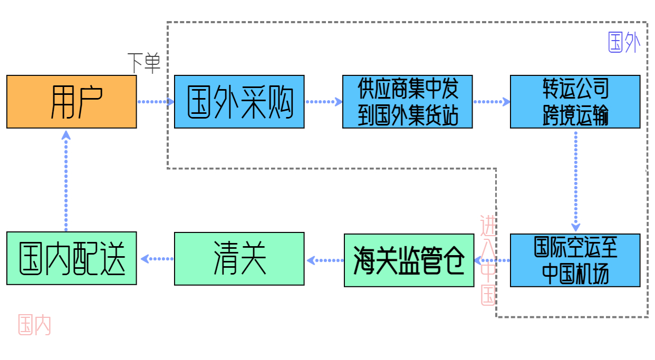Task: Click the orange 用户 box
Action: point(72,102)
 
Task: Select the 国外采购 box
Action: point(239,102)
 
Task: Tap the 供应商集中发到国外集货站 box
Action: point(407,102)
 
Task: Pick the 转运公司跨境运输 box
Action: point(575,102)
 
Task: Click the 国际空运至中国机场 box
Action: point(575,260)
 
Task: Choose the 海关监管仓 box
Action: point(409,260)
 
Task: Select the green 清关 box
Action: point(239,259)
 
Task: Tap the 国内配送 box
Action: point(72,259)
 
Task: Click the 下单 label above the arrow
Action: point(144,63)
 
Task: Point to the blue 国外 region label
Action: point(624,43)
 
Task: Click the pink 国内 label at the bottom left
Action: point(34,325)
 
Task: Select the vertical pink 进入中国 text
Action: point(488,260)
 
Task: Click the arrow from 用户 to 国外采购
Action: point(156,102)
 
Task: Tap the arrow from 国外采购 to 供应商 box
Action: point(323,102)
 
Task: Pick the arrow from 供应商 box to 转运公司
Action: point(491,102)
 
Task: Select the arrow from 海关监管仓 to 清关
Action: point(324,260)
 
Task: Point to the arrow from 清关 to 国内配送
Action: point(157,259)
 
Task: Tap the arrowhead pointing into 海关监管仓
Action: point(478,260)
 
